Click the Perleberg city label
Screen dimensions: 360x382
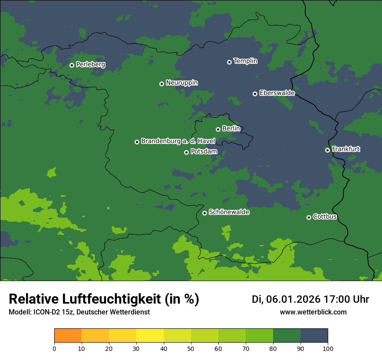pos(90,65)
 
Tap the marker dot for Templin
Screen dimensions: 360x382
pos(229,62)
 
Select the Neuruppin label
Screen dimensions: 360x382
pos(181,83)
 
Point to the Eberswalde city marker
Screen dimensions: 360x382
pos(255,94)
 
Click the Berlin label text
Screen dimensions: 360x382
pos(231,129)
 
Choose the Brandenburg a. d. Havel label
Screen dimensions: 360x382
pos(178,141)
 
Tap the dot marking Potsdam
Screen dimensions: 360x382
pos(186,152)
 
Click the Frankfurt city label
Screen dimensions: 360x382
pos(346,149)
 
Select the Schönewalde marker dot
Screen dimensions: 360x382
pos(204,213)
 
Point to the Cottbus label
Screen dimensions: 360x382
pos(325,216)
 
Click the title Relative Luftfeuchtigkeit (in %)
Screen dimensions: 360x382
pos(104,299)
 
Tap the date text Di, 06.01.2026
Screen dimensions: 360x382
pos(286,299)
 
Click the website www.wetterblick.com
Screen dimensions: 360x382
pos(313,312)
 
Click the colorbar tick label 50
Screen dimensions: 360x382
pos(191,348)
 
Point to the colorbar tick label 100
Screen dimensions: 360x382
pos(328,348)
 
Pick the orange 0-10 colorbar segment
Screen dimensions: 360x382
pos(68,336)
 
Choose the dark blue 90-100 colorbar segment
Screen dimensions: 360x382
pos(314,336)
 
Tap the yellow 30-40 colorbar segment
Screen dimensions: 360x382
pos(150,336)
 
